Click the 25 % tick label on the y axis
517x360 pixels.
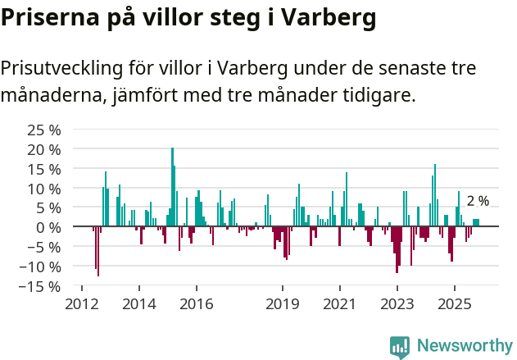[44, 130]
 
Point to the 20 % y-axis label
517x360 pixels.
[44, 149]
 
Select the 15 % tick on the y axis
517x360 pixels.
[44, 169]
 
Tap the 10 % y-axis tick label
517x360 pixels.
[44, 189]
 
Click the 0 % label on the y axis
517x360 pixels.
[49, 227]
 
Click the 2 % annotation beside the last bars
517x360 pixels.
[478, 201]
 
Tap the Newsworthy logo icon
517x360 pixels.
[400, 347]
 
